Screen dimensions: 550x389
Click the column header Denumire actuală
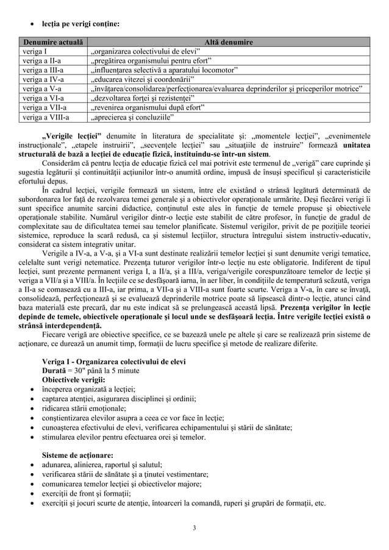[47, 42]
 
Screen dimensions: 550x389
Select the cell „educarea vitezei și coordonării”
[141, 79]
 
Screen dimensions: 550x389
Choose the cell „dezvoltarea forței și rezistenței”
[143, 98]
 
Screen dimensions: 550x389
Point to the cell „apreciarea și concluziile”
[132, 116]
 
